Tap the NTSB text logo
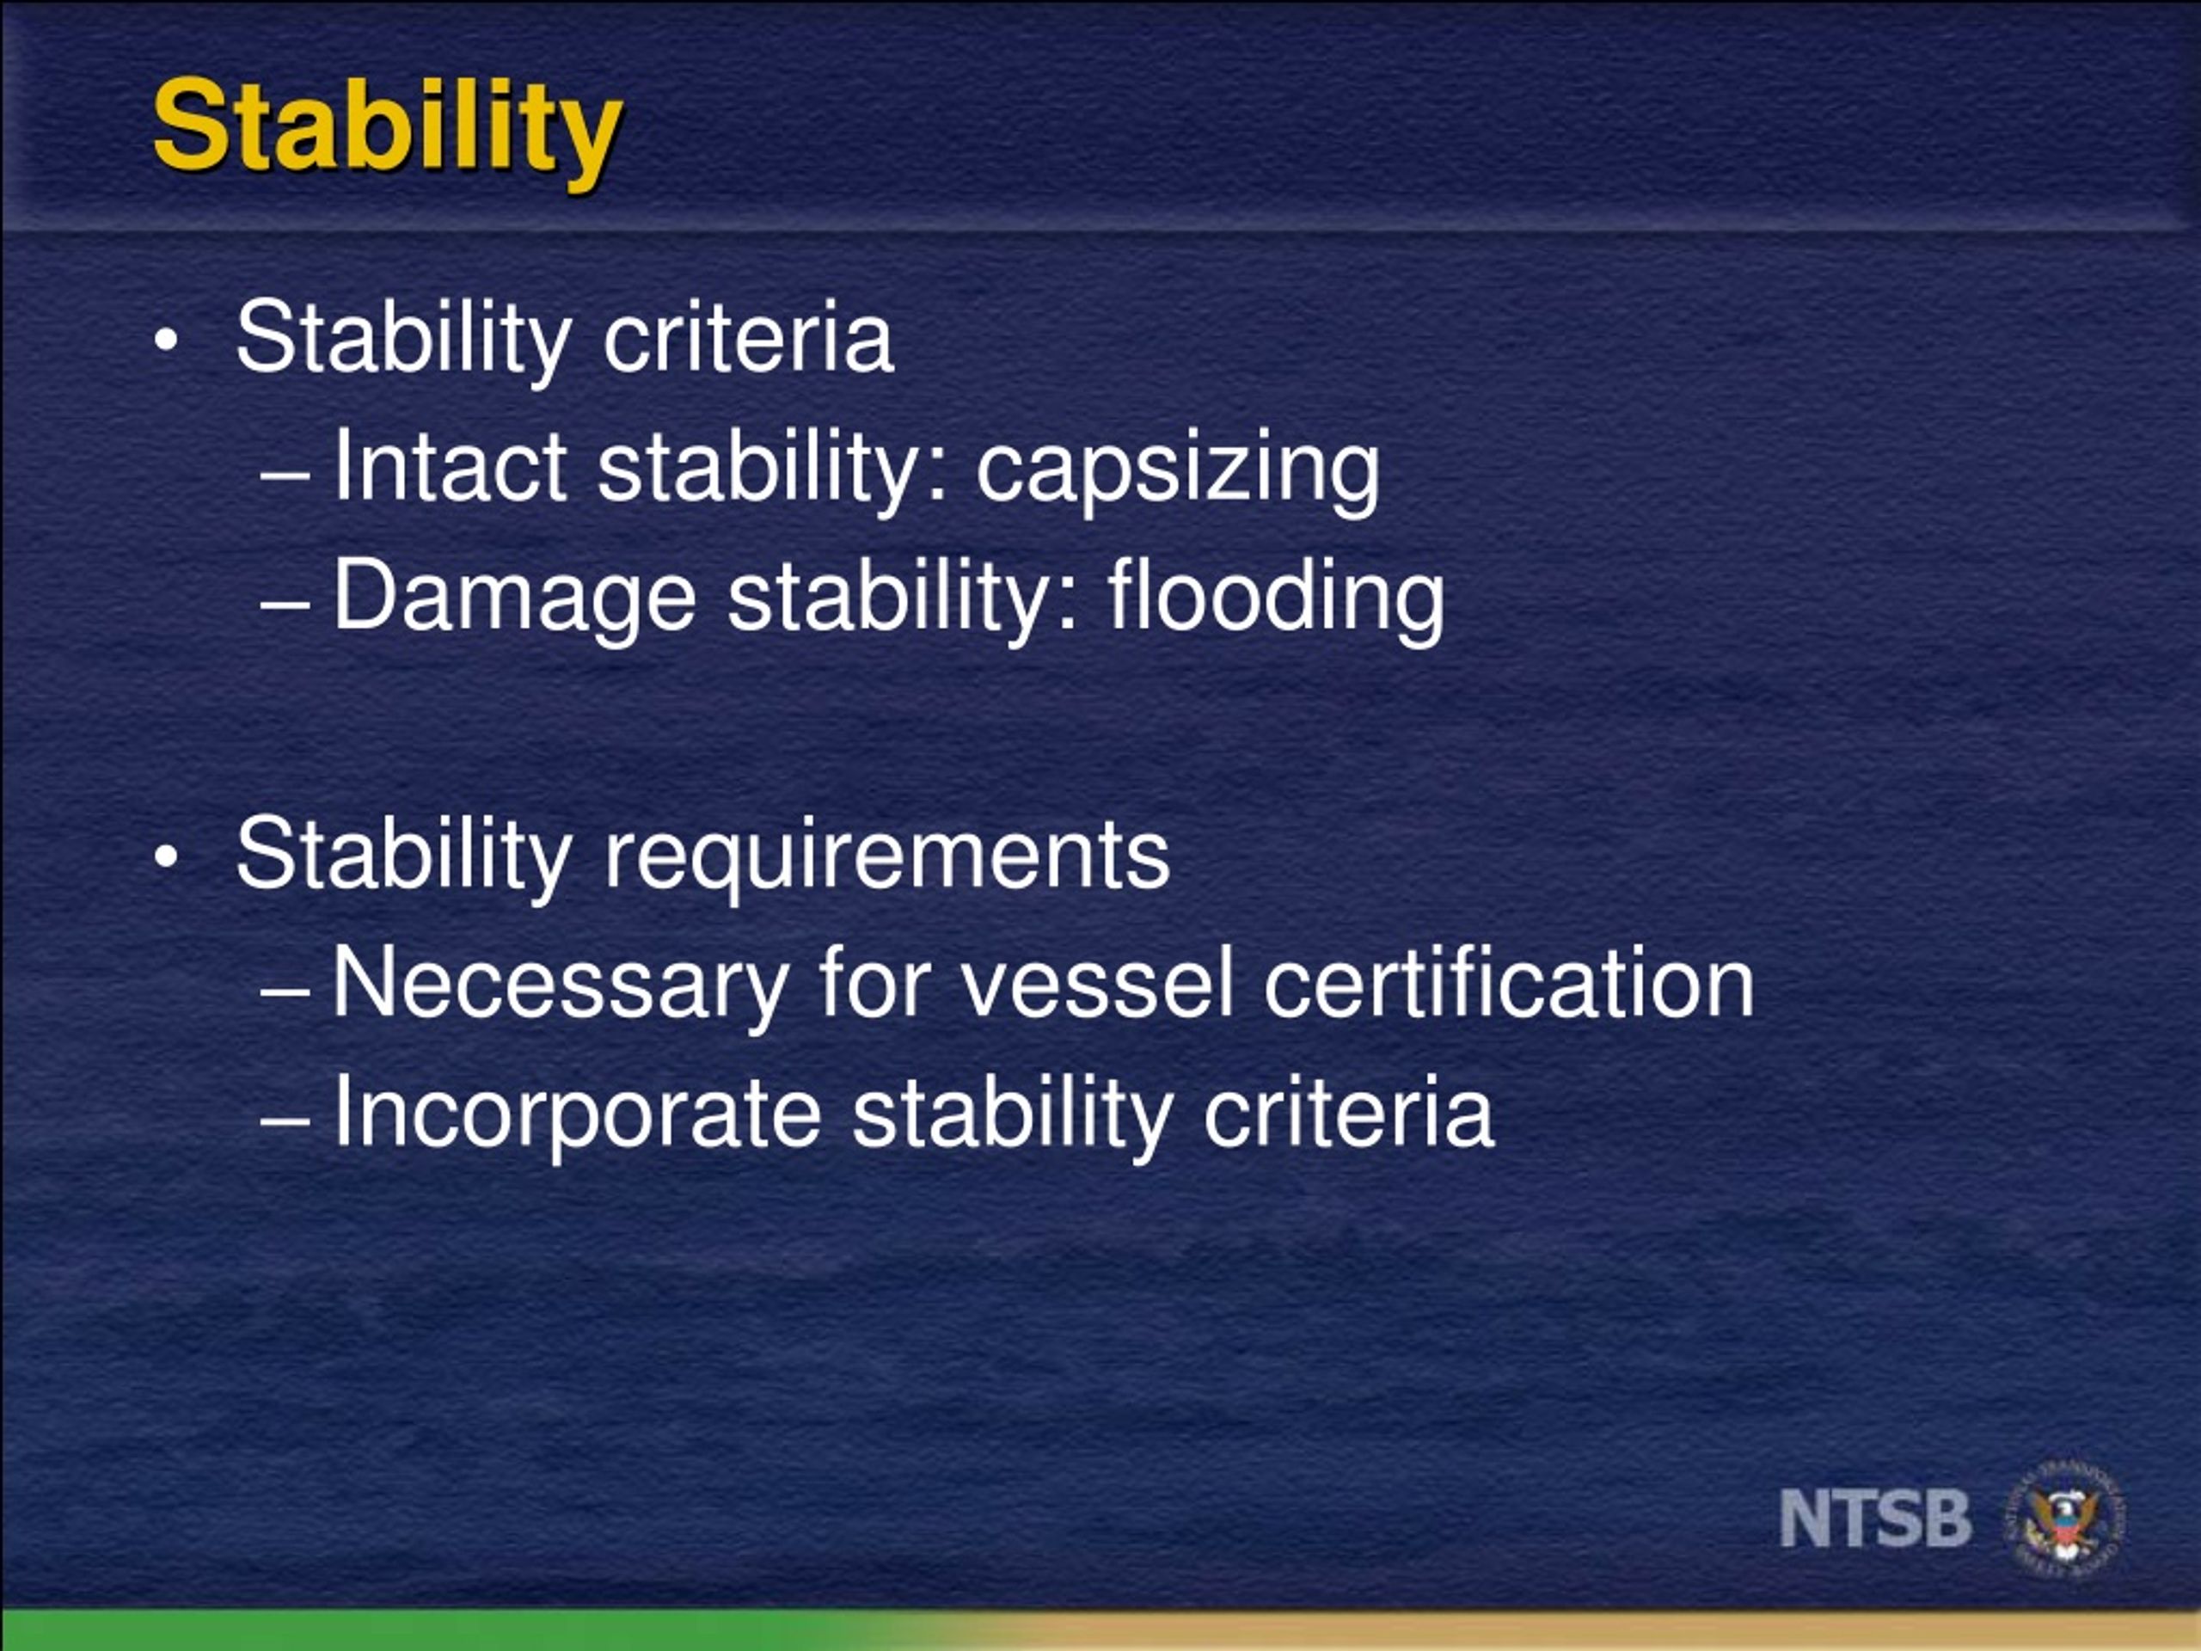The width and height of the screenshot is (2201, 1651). click(x=1874, y=1519)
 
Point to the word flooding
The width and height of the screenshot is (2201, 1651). click(x=1276, y=597)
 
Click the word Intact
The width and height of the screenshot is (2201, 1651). click(x=449, y=466)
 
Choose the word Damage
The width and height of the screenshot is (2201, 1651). click(x=513, y=597)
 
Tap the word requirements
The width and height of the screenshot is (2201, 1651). click(x=886, y=856)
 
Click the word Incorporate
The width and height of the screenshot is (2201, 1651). click(x=576, y=1113)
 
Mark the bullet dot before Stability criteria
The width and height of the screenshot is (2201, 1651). click(x=166, y=341)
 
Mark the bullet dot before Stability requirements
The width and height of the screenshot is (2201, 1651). click(x=166, y=856)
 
